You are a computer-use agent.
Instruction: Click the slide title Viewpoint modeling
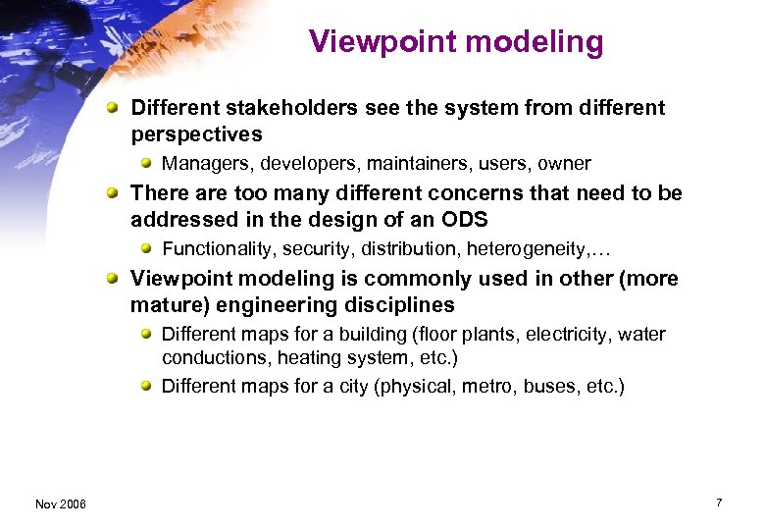tap(455, 41)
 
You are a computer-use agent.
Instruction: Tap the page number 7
tap(719, 503)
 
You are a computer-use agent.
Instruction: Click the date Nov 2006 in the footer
tap(60, 503)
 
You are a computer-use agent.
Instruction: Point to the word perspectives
tap(196, 133)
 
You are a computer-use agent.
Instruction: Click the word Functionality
tap(218, 249)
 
